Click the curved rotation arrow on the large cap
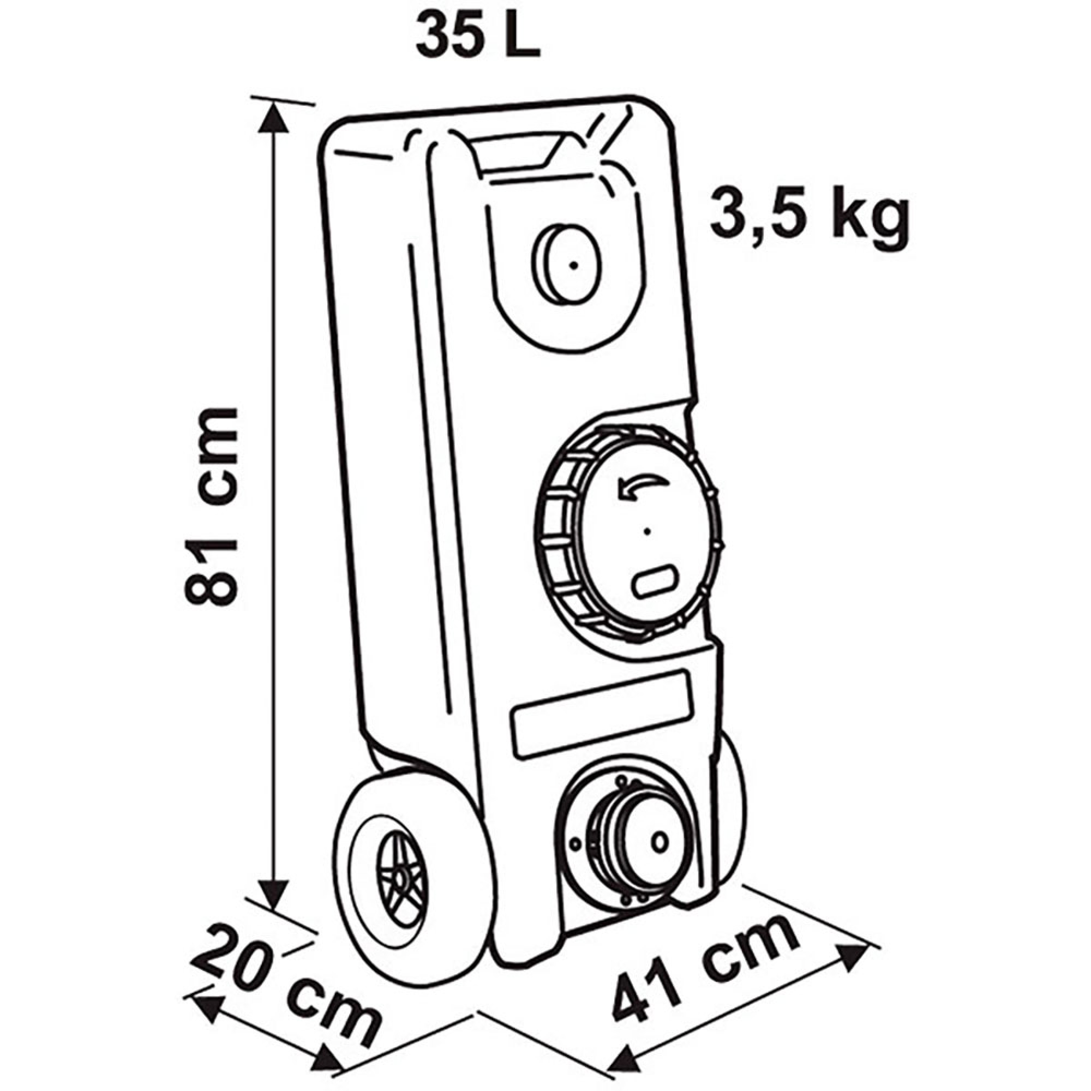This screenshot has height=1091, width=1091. (644, 487)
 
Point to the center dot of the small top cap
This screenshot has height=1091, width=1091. (573, 265)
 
